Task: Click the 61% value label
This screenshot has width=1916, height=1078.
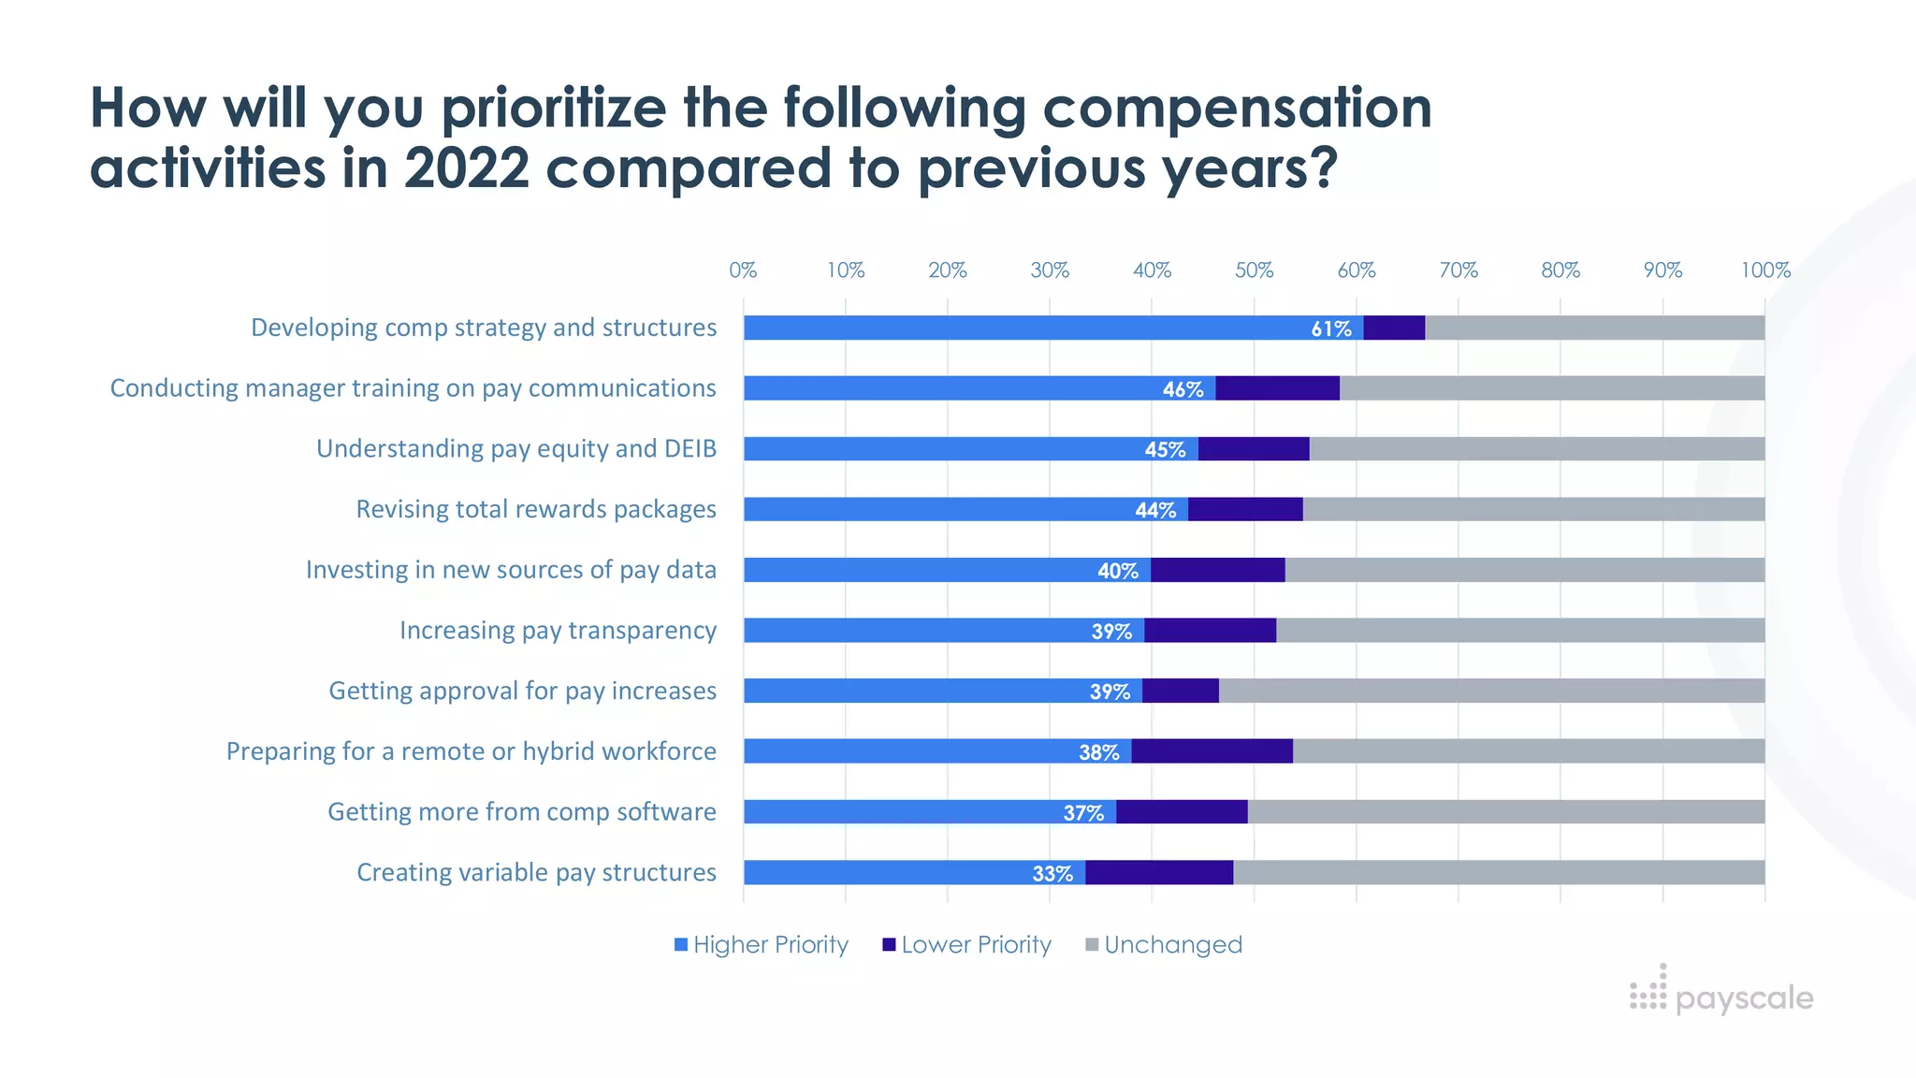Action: click(1330, 328)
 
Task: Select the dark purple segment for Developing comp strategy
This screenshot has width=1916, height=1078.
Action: click(1394, 328)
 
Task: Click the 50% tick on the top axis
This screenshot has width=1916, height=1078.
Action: click(1254, 270)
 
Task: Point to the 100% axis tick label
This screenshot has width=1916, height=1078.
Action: click(1764, 270)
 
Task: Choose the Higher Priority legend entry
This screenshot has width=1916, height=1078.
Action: click(762, 945)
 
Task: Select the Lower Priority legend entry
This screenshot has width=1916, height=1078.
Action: click(967, 945)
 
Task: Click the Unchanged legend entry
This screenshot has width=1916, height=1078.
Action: click(1164, 945)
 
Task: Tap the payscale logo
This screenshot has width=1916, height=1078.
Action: click(1721, 994)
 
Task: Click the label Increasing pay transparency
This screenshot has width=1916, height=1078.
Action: click(558, 631)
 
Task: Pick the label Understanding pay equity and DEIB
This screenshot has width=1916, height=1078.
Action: click(515, 449)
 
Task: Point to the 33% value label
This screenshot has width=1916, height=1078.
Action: click(1052, 873)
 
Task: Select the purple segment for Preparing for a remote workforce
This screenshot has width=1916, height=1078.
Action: click(1212, 751)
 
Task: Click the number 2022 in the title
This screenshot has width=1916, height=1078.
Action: click(466, 168)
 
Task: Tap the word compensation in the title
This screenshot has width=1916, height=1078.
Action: click(1237, 108)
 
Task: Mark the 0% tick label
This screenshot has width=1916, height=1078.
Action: click(743, 270)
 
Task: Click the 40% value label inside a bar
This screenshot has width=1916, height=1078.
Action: click(1117, 571)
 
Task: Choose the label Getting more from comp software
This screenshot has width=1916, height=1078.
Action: click(521, 812)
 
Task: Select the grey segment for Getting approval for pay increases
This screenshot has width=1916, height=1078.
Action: click(1491, 692)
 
